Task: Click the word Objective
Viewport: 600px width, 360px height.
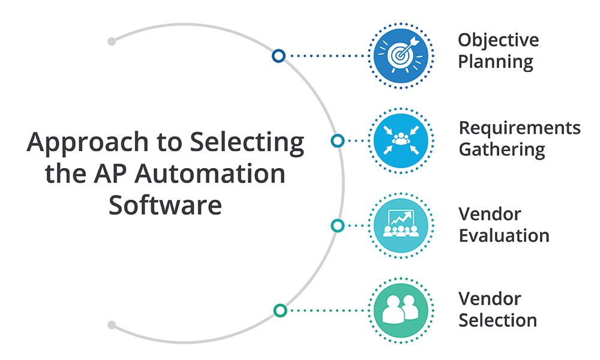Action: [498, 41]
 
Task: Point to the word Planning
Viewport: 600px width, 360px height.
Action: [496, 62]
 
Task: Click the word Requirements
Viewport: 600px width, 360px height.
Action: [520, 128]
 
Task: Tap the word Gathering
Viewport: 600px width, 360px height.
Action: [502, 149]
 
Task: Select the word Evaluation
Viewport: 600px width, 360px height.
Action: [504, 235]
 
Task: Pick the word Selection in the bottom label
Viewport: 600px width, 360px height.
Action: [497, 320]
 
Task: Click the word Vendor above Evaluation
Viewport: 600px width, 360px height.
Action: [490, 214]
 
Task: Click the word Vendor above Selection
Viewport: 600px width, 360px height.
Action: [490, 298]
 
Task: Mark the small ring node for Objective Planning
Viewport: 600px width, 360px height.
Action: [278, 56]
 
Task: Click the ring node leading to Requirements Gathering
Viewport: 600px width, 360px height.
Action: [338, 141]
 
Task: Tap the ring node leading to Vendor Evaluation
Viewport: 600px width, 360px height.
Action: [338, 226]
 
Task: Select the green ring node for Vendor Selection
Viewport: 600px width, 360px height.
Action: [280, 310]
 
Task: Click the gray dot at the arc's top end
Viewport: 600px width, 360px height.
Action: [112, 41]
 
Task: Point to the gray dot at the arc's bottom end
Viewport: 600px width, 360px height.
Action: [112, 325]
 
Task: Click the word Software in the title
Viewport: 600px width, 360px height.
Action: [165, 205]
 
